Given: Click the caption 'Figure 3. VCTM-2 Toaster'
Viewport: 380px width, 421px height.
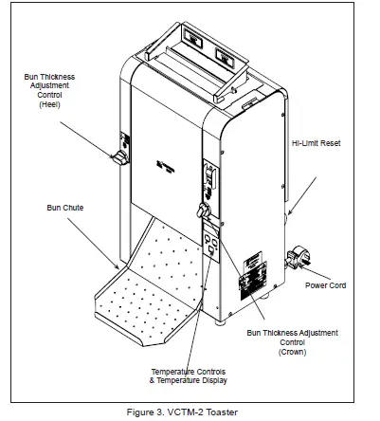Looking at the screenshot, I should pos(190,411).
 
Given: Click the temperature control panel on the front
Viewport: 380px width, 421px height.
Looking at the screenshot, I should pos(212,245).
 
